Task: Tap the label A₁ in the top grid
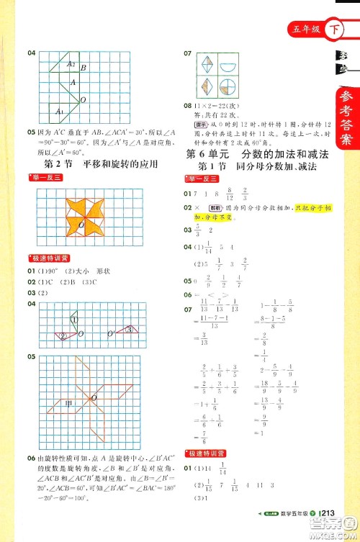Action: (x=60, y=112)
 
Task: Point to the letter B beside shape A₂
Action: (x=84, y=68)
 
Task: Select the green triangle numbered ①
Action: (x=73, y=320)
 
